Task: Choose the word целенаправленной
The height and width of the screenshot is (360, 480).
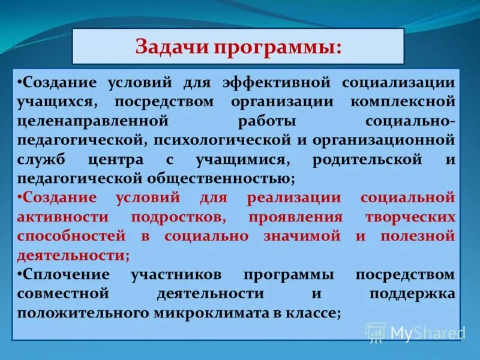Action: click(x=83, y=121)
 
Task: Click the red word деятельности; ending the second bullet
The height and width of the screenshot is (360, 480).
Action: click(x=73, y=256)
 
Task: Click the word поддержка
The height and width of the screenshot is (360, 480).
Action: click(x=412, y=294)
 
